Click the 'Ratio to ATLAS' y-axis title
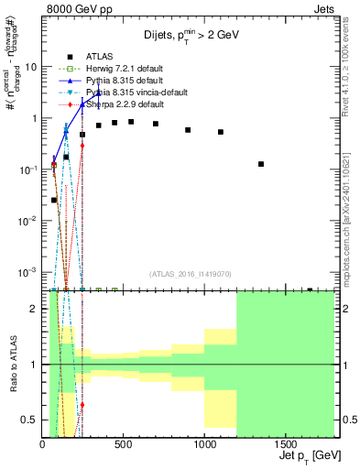click(12, 365)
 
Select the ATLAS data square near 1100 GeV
click(221, 132)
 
